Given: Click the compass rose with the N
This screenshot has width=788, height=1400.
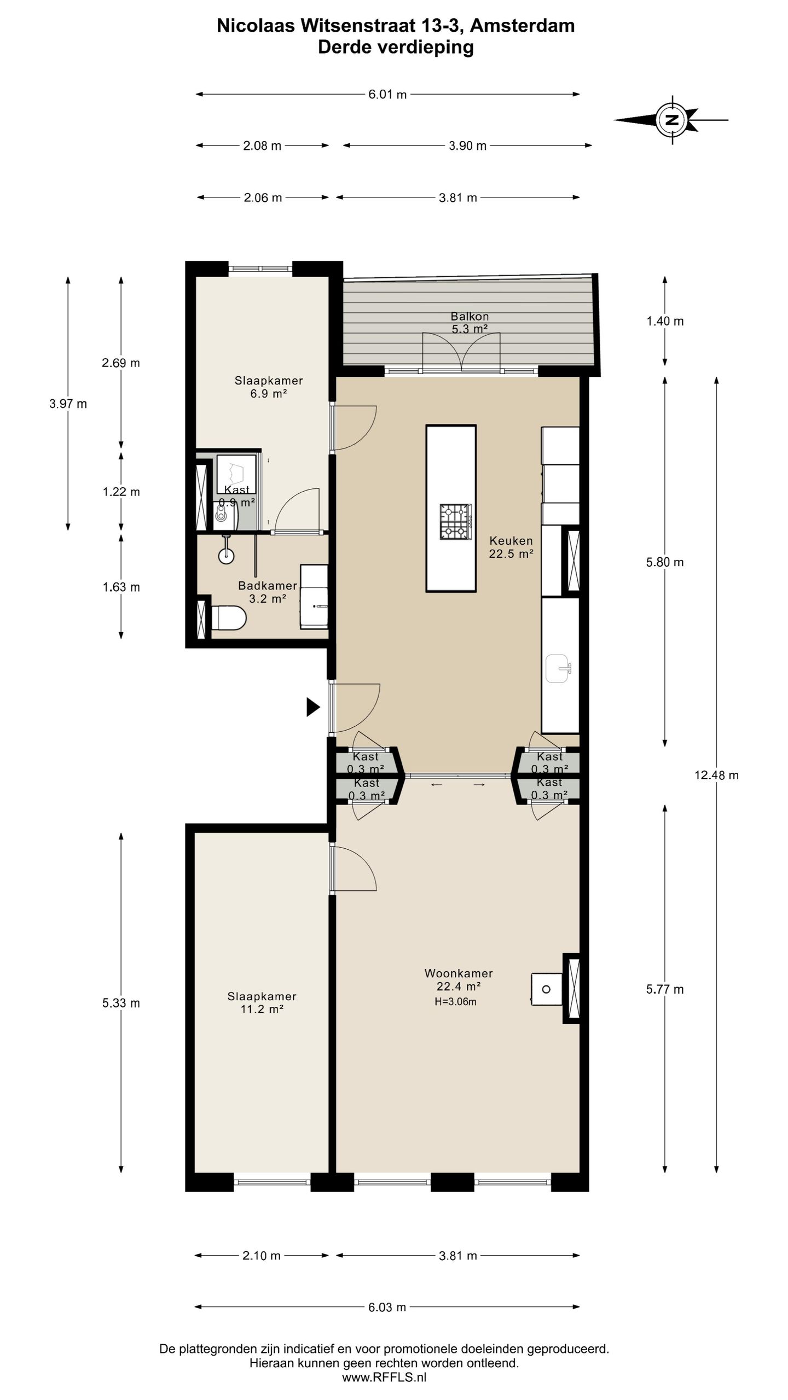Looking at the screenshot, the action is click(672, 120).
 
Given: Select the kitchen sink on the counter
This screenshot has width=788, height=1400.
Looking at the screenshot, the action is click(559, 668).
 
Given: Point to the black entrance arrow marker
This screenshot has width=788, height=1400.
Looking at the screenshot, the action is click(312, 707).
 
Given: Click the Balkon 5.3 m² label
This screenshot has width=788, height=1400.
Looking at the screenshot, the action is click(470, 322).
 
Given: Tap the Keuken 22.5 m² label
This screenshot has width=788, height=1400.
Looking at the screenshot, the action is click(511, 547).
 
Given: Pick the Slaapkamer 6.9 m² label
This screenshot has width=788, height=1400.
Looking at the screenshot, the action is click(269, 387).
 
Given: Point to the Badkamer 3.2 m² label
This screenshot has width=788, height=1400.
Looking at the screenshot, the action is click(268, 592).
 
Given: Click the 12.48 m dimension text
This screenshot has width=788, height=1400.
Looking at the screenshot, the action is click(716, 775).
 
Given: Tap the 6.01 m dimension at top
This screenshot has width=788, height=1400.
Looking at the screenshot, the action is click(387, 95).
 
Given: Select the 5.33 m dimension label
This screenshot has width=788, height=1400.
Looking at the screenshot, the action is click(121, 1003).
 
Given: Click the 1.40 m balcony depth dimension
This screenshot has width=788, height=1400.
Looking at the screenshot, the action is click(665, 321).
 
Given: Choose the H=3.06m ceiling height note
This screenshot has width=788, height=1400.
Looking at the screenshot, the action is click(455, 1002).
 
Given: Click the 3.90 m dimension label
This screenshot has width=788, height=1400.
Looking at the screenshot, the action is click(467, 145).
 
